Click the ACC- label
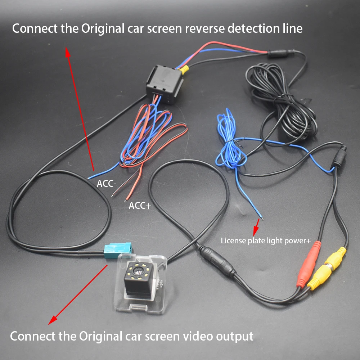(x=107, y=184)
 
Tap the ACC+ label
(x=140, y=206)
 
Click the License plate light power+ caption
(x=266, y=240)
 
